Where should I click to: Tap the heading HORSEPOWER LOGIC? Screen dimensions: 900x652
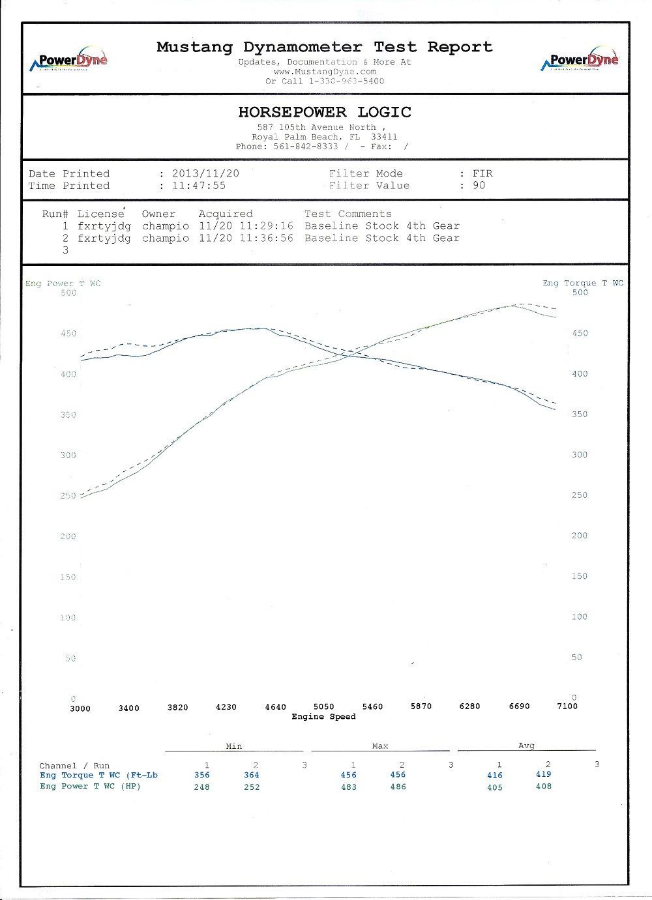(325, 112)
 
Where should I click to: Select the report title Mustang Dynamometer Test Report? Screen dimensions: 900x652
(325, 47)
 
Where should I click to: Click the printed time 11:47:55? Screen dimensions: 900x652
(198, 186)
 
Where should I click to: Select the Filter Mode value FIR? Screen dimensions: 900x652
(482, 174)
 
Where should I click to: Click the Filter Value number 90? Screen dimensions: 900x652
(479, 186)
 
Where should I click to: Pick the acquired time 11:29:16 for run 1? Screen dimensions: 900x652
(268, 226)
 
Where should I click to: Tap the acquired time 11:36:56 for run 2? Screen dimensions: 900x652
(268, 239)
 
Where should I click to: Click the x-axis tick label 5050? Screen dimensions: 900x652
(324, 706)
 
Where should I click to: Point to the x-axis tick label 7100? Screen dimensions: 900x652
(567, 706)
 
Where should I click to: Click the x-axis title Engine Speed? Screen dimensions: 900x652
(323, 717)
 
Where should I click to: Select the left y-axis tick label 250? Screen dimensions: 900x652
(68, 496)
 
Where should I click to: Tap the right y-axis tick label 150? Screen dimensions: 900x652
(579, 576)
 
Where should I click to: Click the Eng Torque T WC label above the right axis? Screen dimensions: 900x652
(582, 283)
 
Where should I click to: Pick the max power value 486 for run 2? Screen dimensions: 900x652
(398, 787)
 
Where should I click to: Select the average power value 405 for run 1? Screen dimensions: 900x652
(495, 787)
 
